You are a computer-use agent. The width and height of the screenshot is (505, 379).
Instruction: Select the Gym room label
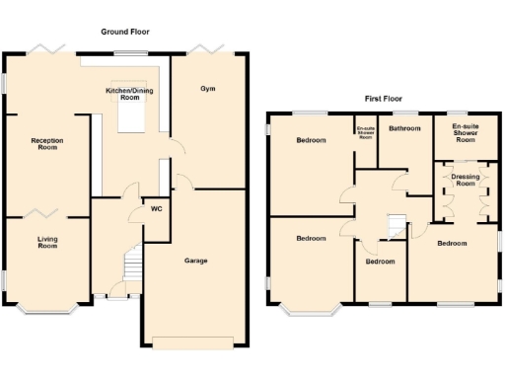(x=207, y=89)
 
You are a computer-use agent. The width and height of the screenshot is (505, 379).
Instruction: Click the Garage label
(x=196, y=262)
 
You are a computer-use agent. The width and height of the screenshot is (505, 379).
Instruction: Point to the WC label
(x=156, y=209)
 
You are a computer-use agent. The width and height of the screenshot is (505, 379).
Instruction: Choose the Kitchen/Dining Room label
(x=130, y=94)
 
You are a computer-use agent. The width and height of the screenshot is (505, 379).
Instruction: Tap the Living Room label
(x=47, y=243)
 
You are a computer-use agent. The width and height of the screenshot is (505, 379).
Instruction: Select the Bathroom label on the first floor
(x=404, y=128)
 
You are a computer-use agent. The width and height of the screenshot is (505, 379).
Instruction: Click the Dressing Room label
(x=464, y=180)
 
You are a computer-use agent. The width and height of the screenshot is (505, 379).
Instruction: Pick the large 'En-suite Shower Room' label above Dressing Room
(x=465, y=132)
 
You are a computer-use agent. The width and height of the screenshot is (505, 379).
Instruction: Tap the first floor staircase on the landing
(x=396, y=226)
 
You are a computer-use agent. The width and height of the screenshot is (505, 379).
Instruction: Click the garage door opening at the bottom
(x=193, y=341)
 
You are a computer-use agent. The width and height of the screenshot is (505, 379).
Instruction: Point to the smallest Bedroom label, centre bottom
(x=380, y=262)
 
